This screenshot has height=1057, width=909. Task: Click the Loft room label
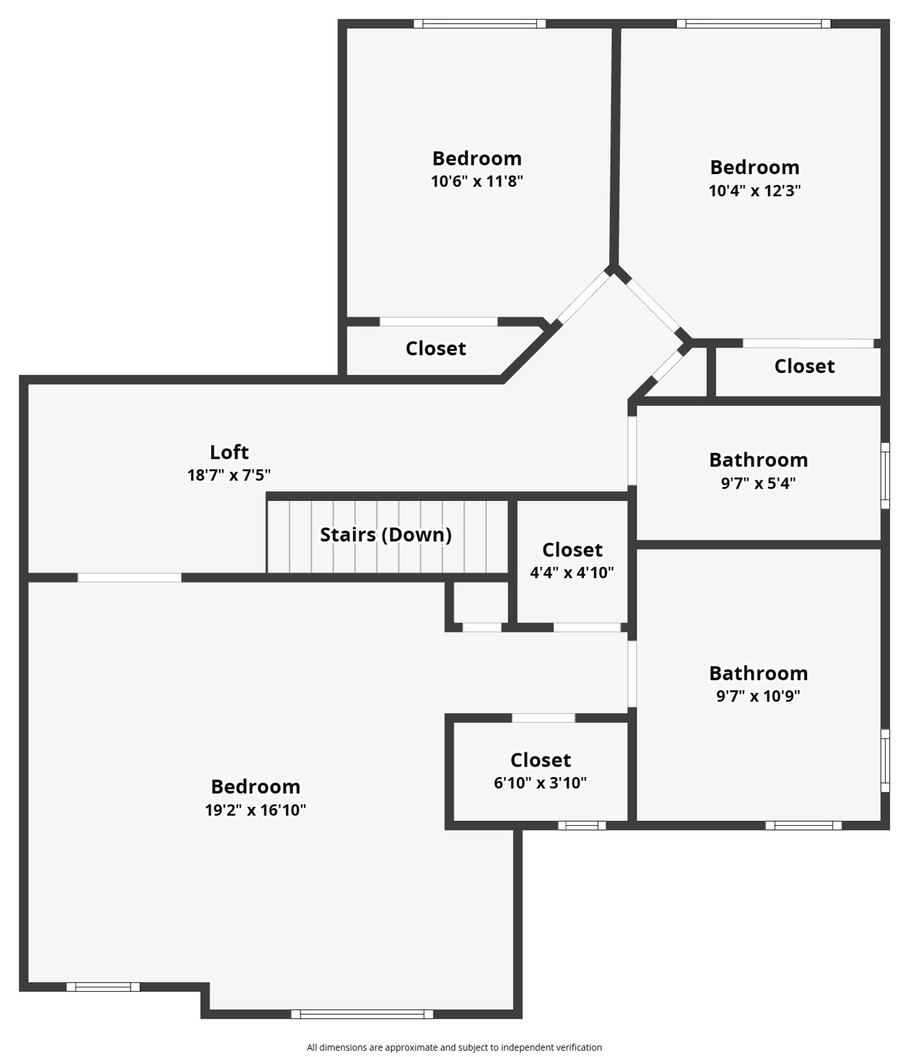pos(229,452)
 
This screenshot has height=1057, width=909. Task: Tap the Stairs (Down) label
pos(386,535)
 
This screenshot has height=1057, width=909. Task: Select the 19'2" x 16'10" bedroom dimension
pos(255,810)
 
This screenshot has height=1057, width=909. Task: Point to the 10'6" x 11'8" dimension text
pos(477,182)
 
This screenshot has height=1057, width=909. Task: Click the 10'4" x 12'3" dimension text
pos(754,191)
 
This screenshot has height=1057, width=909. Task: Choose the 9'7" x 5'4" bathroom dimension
pos(758,483)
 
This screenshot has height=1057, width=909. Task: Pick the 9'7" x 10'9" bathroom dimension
pos(758,696)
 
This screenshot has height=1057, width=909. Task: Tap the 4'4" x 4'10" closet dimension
pos(571,573)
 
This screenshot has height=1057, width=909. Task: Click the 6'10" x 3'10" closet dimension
pos(540,782)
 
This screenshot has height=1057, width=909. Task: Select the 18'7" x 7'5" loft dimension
pos(229,475)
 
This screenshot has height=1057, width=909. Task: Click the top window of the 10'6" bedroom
pos(479,24)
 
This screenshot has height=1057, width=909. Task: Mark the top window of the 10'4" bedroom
pos(753,24)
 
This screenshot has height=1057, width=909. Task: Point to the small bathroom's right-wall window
pos(885,476)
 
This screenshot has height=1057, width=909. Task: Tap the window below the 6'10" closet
pos(582,825)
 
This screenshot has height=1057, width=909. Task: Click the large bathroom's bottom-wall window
pos(803,825)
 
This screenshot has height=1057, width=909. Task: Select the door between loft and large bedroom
pos(129,577)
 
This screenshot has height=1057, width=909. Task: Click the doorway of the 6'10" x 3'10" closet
pos(543,718)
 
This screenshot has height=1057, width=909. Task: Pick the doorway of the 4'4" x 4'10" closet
pos(587,627)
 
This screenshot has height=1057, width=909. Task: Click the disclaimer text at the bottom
pos(454,1047)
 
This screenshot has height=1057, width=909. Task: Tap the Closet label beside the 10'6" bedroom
pos(435,349)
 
